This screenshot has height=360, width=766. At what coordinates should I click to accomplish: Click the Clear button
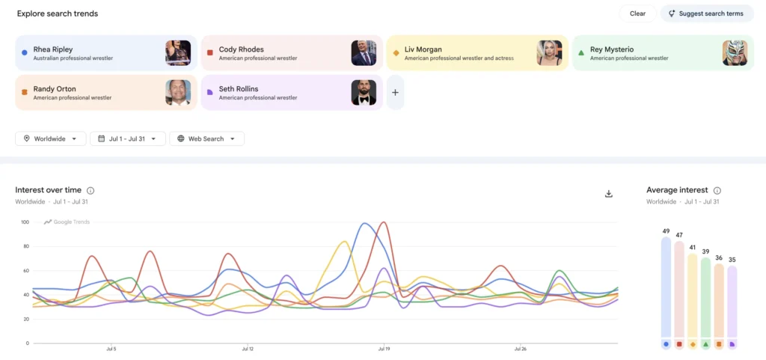[x=637, y=13]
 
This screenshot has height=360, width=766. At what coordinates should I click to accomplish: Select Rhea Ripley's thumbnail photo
[x=178, y=52]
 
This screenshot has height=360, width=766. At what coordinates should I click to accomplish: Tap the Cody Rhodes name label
[x=242, y=49]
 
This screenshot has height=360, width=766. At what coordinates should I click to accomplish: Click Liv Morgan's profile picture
[x=549, y=52]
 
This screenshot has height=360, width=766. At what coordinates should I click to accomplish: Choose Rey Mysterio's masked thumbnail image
[x=735, y=52]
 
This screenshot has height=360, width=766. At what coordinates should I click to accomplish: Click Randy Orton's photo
[x=178, y=92]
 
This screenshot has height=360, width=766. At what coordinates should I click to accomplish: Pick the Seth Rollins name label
[x=239, y=89]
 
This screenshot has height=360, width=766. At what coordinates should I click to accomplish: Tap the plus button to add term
[x=395, y=92]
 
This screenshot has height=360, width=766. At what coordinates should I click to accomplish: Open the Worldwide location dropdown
[x=51, y=138]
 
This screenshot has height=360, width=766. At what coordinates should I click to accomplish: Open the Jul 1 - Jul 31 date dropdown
[x=128, y=138]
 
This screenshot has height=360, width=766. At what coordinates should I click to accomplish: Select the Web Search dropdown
[x=207, y=138]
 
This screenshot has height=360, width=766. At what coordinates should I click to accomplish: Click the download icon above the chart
[x=609, y=194]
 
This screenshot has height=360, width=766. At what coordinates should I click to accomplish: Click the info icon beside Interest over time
[x=91, y=191]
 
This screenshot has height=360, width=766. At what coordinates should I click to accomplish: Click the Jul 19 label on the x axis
[x=384, y=350]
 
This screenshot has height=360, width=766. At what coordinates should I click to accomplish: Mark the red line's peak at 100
[x=384, y=222]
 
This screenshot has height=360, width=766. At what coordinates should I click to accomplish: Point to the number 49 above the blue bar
[x=665, y=231]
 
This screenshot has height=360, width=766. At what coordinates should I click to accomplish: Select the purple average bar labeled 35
[x=732, y=302]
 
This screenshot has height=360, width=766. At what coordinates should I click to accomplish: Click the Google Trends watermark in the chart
[x=67, y=222]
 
